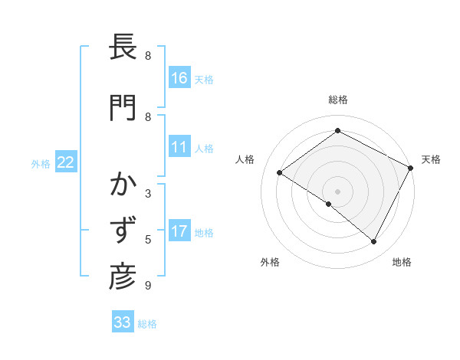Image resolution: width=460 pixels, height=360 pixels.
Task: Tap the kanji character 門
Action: coord(123,107)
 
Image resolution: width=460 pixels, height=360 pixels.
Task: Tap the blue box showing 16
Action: coord(179,77)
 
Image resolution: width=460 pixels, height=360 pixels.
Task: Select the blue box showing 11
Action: coord(179,147)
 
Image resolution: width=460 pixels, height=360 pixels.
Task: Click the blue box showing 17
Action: coord(179,231)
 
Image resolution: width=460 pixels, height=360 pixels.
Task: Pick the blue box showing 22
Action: coord(66,162)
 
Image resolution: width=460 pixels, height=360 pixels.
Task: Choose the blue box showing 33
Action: coord(123,322)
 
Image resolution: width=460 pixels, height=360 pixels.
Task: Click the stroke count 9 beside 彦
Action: coord(148,286)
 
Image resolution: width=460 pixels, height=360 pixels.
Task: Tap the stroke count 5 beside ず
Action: coord(148,240)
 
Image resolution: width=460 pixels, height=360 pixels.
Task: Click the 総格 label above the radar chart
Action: coord(337,100)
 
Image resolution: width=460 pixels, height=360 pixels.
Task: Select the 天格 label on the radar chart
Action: coord(431,159)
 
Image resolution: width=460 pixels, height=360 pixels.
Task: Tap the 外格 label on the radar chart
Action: coord(270,262)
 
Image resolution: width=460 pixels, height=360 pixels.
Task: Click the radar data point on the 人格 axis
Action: coord(280,172)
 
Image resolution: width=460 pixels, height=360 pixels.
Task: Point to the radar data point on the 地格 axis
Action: coord(374,242)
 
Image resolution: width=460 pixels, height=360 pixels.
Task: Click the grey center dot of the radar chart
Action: coord(337,191)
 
